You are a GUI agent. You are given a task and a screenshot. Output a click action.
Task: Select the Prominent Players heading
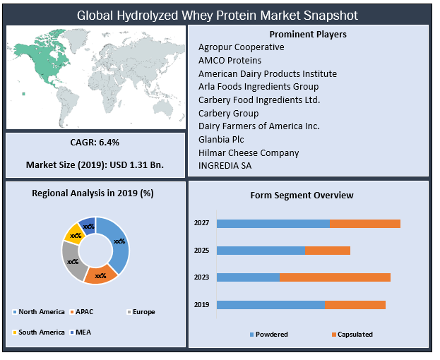coord(308,34)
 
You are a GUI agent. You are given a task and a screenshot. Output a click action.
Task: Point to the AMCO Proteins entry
coord(230,60)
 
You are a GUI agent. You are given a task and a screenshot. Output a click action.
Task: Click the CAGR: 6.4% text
coord(95,142)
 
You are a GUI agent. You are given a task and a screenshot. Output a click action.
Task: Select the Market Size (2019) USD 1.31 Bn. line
coord(95,164)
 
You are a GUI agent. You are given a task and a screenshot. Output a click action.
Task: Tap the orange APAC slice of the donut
coord(100,275)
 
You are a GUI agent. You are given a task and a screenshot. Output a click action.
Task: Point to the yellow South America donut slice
coord(73,232)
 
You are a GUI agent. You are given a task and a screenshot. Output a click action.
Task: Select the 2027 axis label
coord(202,223)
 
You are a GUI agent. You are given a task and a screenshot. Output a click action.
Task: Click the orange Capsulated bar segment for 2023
coord(334,277)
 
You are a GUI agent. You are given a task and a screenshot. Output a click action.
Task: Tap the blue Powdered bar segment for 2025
coord(261,251)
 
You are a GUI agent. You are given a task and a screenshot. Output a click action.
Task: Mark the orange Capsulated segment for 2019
coord(355,305)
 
